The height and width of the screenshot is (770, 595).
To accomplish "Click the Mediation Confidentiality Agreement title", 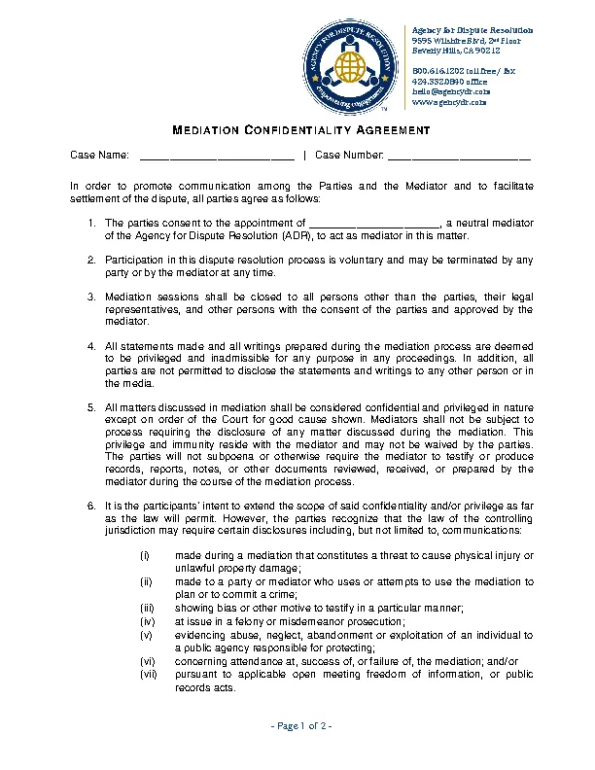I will tap(300, 130).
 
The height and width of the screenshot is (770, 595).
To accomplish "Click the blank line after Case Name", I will tap(217, 156).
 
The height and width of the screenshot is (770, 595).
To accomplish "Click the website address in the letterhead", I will tap(448, 102).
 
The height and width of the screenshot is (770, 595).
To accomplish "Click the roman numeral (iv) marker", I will tap(148, 621).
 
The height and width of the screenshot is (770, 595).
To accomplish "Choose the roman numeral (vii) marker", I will tap(148, 674).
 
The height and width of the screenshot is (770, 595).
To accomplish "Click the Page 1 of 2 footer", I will tap(300, 726).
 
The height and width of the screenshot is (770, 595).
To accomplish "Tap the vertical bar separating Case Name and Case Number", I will tap(304, 156).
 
